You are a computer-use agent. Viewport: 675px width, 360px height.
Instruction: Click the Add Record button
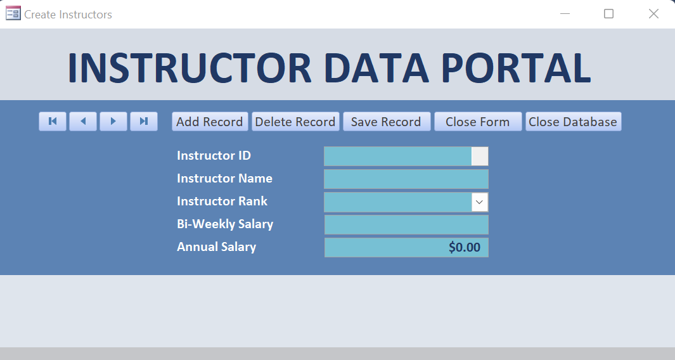(210, 122)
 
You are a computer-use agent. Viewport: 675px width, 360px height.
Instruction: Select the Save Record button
(387, 122)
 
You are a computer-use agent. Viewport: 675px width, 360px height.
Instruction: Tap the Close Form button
(478, 122)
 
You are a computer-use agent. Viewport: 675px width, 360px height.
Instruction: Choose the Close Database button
(573, 122)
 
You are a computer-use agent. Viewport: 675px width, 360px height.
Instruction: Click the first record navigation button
(53, 122)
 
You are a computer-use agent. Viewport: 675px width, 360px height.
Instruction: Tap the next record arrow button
(113, 122)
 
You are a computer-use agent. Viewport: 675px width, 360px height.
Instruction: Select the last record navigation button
(144, 122)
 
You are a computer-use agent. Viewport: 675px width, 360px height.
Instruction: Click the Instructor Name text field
(406, 179)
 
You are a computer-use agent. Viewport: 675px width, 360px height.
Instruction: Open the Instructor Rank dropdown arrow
(480, 202)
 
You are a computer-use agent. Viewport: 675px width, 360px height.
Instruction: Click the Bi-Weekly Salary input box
(406, 225)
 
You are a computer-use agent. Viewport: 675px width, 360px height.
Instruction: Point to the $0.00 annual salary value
(465, 247)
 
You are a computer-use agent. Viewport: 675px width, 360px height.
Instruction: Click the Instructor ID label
(214, 155)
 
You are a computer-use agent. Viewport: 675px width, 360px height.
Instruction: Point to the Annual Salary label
(217, 247)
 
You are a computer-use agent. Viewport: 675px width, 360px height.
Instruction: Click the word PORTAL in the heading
(516, 68)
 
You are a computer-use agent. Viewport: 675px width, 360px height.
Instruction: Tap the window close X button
(653, 14)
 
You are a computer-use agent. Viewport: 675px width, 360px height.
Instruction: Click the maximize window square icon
(608, 14)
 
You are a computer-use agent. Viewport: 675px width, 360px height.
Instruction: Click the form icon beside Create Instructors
(13, 13)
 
